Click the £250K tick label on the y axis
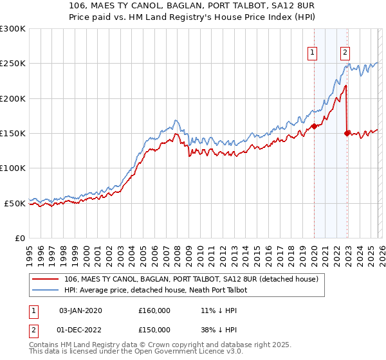pos(13,64)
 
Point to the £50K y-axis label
pos(15,203)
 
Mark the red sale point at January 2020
pos(314,127)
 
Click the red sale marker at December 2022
pos(347,133)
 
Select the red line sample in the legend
pos(46,279)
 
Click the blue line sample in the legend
pos(46,290)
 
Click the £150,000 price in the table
pos(154,330)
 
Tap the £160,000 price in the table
pos(154,310)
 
